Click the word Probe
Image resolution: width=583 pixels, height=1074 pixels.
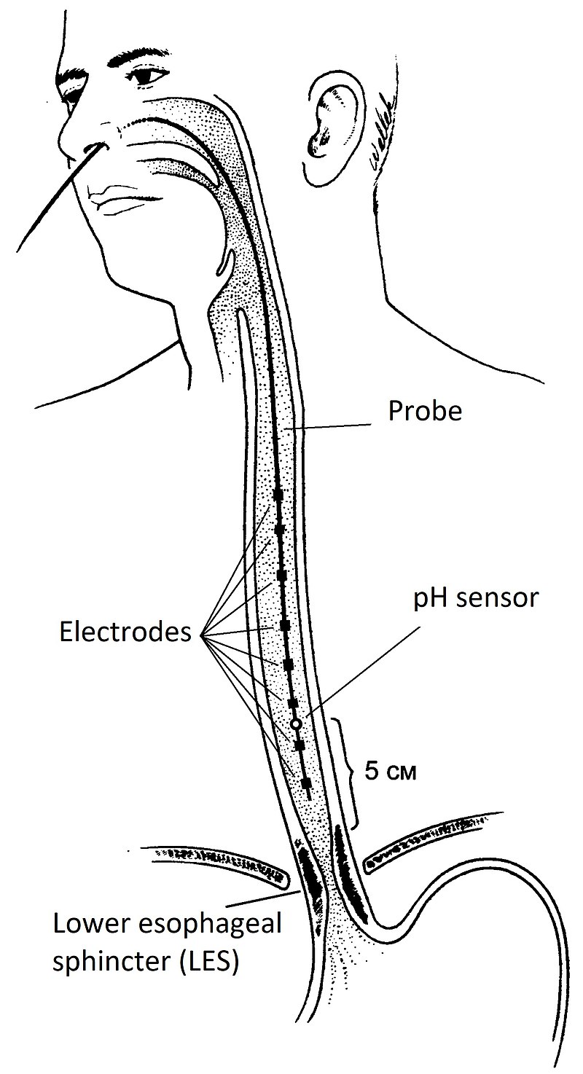click(425, 412)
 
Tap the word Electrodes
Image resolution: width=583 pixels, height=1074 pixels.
click(126, 632)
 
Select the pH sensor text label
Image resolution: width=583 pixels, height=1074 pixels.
click(475, 599)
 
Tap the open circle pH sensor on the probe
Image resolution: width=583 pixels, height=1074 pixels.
click(296, 724)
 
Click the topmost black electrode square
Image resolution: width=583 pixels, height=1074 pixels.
click(278, 495)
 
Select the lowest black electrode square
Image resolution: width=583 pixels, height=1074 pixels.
click(306, 783)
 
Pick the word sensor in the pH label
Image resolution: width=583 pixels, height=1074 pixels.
click(501, 599)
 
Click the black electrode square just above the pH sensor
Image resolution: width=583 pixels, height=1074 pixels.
click(293, 702)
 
